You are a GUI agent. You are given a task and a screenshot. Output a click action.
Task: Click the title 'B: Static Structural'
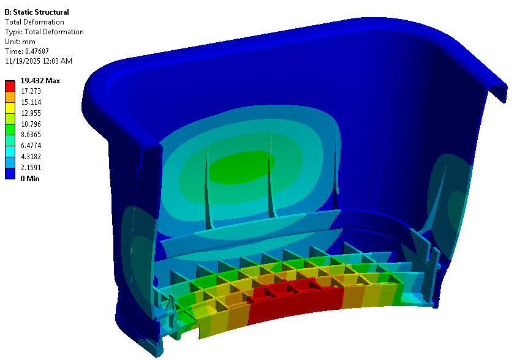click(37, 12)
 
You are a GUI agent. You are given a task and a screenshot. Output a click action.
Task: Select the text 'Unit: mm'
click(20, 42)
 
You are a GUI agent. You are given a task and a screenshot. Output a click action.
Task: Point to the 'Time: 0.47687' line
click(27, 51)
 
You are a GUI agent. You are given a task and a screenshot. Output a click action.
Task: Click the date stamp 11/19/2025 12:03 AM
click(39, 61)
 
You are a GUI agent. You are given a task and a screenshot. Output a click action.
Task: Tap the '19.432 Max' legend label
click(40, 81)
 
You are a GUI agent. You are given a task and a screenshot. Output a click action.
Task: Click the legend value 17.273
click(31, 91)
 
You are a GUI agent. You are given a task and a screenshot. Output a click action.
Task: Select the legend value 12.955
click(31, 113)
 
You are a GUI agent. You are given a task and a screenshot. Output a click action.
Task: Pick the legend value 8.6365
click(31, 135)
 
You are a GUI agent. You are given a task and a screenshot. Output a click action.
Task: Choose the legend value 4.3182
click(31, 156)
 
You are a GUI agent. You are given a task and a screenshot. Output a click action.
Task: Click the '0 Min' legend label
click(30, 178)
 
